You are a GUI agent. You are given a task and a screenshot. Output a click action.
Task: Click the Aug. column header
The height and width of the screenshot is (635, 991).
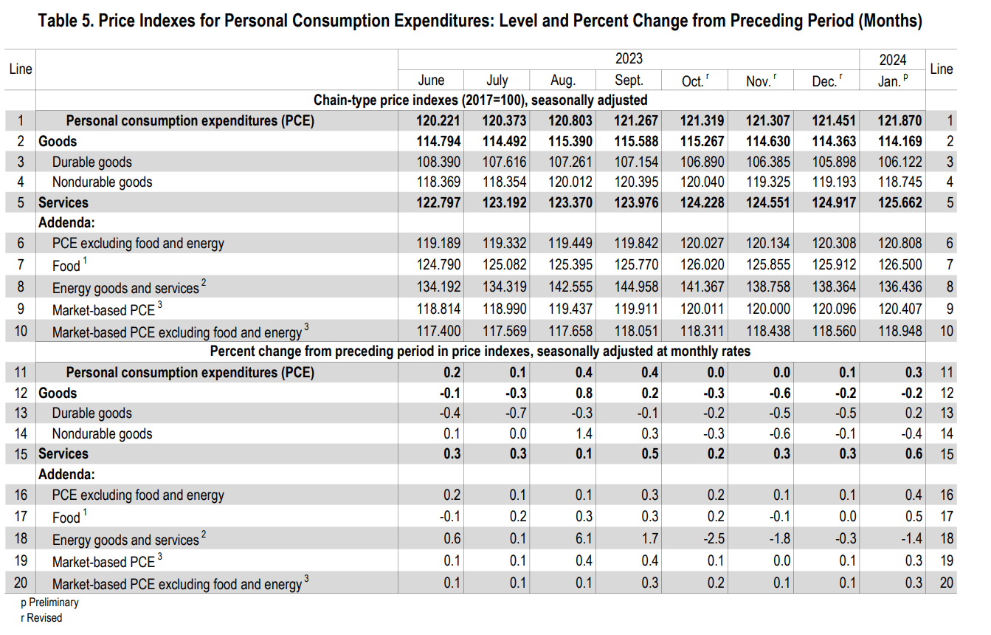click(562, 80)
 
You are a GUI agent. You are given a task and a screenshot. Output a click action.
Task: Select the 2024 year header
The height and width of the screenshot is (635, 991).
click(892, 60)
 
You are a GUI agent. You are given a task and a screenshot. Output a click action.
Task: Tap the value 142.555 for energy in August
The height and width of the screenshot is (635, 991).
click(570, 287)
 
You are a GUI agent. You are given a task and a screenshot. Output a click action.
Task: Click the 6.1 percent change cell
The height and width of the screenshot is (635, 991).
click(583, 539)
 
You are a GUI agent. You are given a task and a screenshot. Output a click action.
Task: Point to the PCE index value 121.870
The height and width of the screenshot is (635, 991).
click(900, 121)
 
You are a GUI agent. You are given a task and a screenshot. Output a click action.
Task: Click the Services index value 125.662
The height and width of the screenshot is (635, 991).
click(900, 202)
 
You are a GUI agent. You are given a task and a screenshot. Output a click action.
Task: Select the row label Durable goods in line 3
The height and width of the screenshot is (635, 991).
click(91, 162)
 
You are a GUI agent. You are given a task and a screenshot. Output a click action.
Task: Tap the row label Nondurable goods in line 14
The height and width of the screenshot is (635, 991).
click(102, 433)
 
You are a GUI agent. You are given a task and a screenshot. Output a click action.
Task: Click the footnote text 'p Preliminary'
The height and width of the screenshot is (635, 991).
click(49, 603)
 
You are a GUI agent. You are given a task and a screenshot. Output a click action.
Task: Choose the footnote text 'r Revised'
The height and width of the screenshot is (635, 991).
click(41, 618)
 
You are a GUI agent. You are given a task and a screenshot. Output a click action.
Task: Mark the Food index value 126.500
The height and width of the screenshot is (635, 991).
click(900, 264)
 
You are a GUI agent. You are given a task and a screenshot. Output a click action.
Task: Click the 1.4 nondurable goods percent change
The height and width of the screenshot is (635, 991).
click(583, 433)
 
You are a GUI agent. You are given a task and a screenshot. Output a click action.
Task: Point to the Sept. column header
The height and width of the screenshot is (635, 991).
click(629, 80)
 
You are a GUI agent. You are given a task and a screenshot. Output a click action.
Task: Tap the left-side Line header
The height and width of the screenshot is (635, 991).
click(21, 69)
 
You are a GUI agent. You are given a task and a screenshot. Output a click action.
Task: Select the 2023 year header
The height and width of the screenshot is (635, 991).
click(629, 58)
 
